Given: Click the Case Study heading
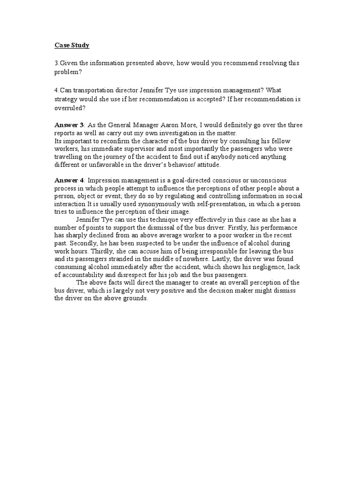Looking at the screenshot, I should tap(72, 45).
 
